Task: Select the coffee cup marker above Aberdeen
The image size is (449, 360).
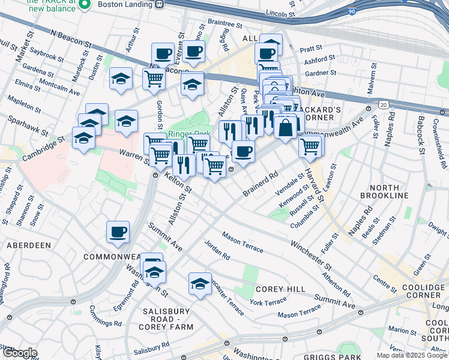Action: (x=118, y=232)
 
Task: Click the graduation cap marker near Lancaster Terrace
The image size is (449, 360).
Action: (x=200, y=284)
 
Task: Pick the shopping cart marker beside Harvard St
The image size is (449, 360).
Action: (x=310, y=146)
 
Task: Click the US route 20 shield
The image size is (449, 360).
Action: (x=383, y=105)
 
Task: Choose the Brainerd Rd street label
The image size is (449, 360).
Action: (x=262, y=184)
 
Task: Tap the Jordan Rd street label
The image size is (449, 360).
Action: (x=217, y=250)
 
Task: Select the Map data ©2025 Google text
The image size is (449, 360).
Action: (x=412, y=355)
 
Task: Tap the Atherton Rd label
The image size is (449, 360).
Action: (x=336, y=284)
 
